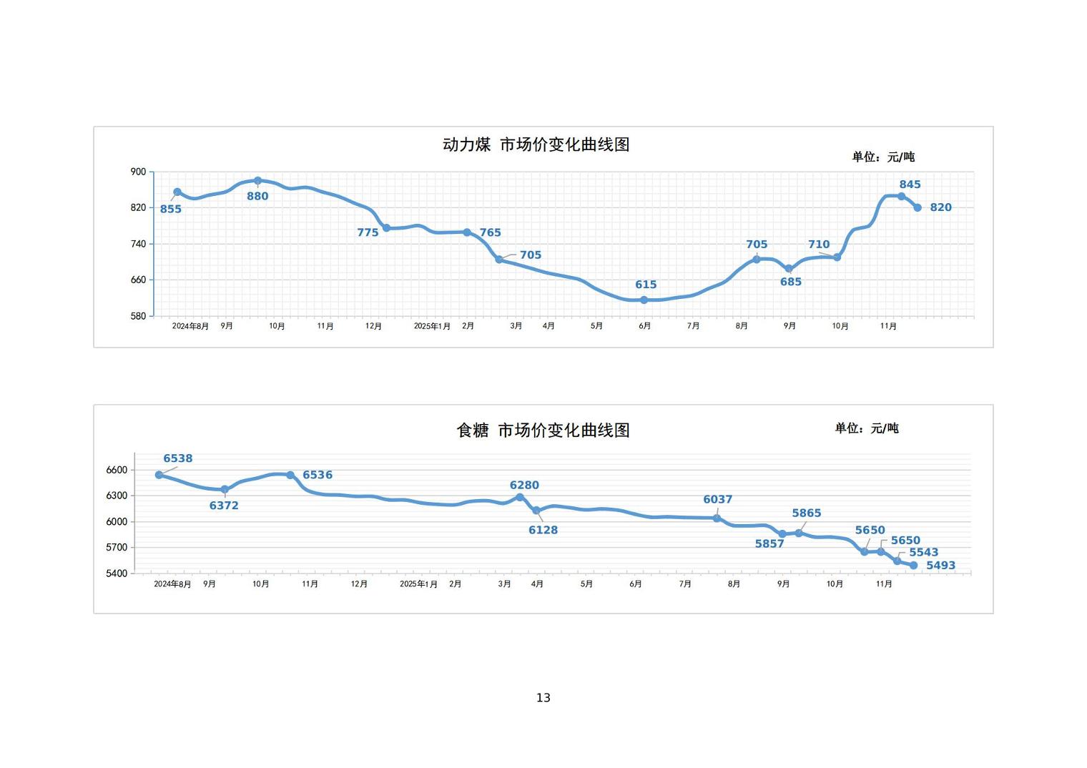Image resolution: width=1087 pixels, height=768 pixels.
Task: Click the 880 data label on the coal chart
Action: click(x=257, y=197)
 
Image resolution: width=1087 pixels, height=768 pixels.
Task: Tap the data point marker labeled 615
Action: click(x=644, y=300)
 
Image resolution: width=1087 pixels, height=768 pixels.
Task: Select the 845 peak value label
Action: click(x=910, y=184)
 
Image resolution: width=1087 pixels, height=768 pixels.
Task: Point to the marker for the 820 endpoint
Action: click(x=918, y=207)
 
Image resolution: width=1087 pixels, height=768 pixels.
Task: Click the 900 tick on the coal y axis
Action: click(x=138, y=172)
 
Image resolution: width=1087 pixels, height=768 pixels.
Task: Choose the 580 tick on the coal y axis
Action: click(x=138, y=316)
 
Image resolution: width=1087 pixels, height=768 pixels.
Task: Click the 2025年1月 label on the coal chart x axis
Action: click(x=432, y=326)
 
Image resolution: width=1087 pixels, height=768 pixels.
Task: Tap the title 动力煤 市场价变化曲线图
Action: click(x=536, y=144)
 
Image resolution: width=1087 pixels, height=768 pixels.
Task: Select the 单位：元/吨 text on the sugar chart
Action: click(x=867, y=428)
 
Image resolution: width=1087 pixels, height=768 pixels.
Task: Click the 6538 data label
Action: click(x=177, y=458)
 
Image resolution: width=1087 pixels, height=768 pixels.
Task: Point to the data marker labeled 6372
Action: click(x=225, y=490)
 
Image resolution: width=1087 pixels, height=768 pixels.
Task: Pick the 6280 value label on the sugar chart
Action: click(x=524, y=485)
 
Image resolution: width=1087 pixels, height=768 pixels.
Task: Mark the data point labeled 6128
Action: click(x=536, y=511)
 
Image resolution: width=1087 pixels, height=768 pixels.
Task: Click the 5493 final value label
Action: click(x=940, y=566)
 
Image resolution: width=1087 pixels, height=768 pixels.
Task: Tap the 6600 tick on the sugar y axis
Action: click(x=117, y=471)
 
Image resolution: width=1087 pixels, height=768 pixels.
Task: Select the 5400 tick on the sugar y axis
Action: click(x=117, y=573)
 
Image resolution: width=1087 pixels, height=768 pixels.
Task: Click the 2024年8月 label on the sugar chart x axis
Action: click(x=172, y=584)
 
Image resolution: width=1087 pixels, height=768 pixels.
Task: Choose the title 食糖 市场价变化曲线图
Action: click(x=543, y=430)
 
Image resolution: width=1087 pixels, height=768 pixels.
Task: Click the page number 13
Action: click(x=543, y=698)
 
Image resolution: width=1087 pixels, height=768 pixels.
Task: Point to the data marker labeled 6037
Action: click(x=717, y=518)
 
